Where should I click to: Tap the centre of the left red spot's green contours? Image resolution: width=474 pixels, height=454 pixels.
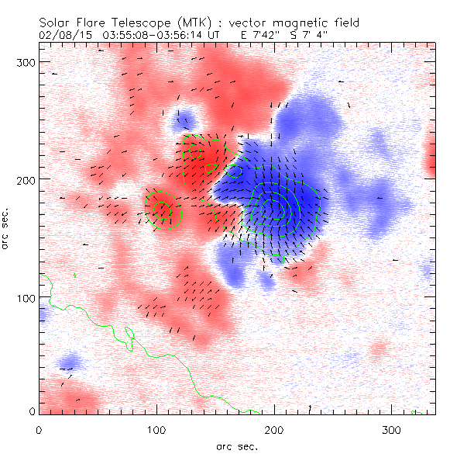(x=161, y=208)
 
